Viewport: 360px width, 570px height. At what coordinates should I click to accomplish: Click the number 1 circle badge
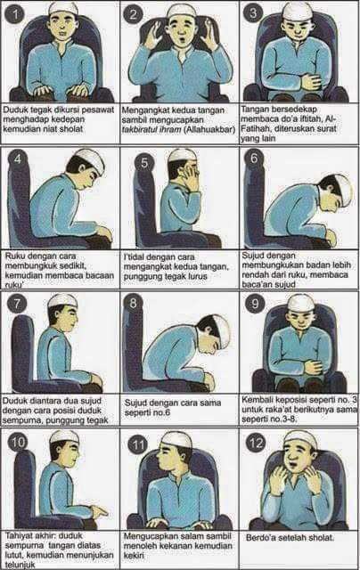click(x=14, y=14)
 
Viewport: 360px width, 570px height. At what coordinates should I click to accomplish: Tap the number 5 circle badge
click(x=144, y=162)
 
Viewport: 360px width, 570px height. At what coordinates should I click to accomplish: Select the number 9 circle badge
click(x=255, y=303)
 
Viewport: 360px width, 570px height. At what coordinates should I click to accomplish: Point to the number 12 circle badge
click(x=256, y=443)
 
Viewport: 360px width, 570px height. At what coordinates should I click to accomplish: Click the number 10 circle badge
click(x=18, y=443)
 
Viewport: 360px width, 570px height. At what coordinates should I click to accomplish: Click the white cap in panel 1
click(x=63, y=8)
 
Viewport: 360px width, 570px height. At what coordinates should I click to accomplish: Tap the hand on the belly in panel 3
click(x=312, y=82)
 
